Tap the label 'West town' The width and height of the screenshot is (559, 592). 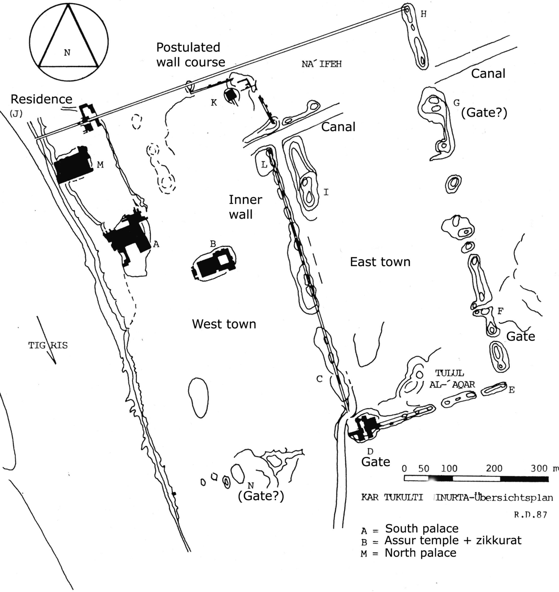tap(224, 324)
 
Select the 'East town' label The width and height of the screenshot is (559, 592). tap(380, 262)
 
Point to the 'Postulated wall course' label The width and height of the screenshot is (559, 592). tap(190, 55)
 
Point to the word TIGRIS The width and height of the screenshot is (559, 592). tap(48, 345)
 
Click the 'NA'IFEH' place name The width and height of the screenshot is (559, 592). tap(321, 64)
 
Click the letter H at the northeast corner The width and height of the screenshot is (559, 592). tap(423, 15)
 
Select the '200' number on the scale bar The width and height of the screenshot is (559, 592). tap(494, 468)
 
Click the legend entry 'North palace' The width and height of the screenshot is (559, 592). tap(420, 553)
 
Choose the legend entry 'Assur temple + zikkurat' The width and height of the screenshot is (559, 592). tap(453, 541)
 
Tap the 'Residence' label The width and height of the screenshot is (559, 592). tap(41, 99)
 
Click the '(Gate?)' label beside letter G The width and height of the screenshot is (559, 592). tap(484, 113)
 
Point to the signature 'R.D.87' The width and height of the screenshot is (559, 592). tap(530, 515)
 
